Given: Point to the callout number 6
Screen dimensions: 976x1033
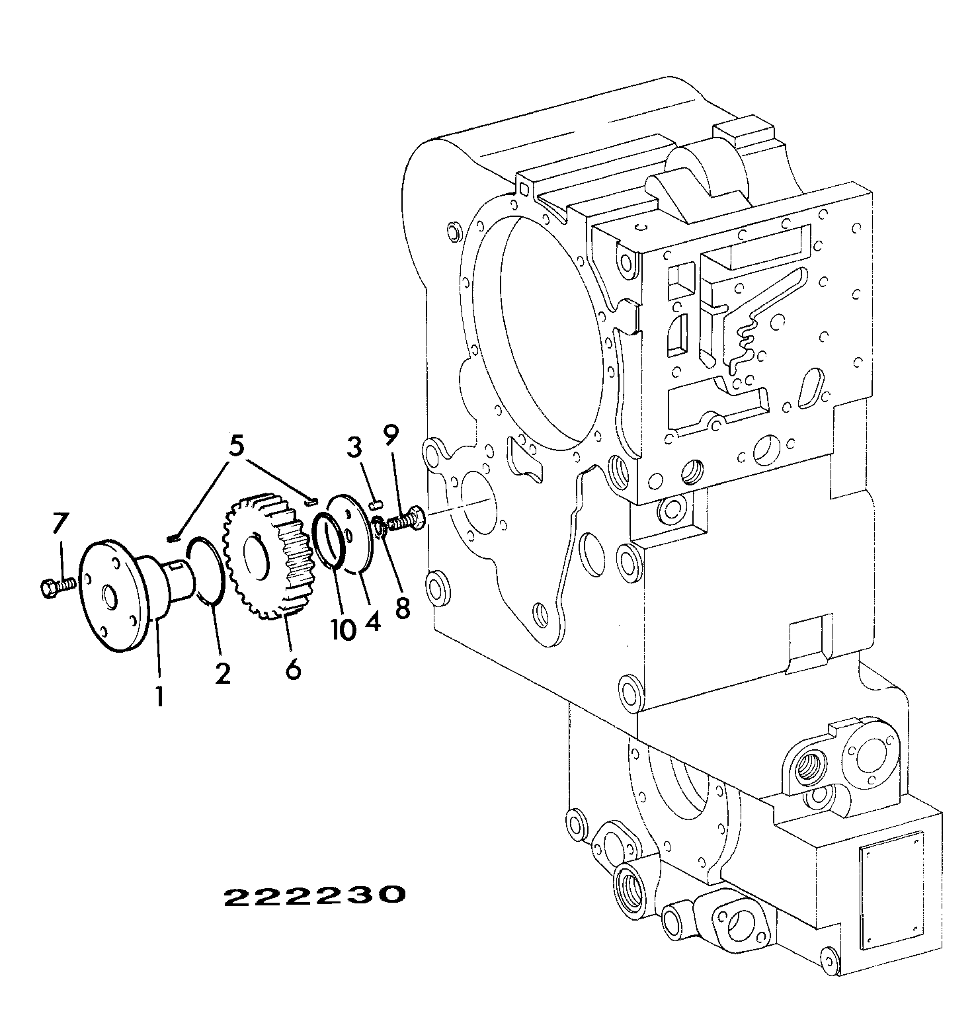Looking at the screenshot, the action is tap(293, 668).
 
